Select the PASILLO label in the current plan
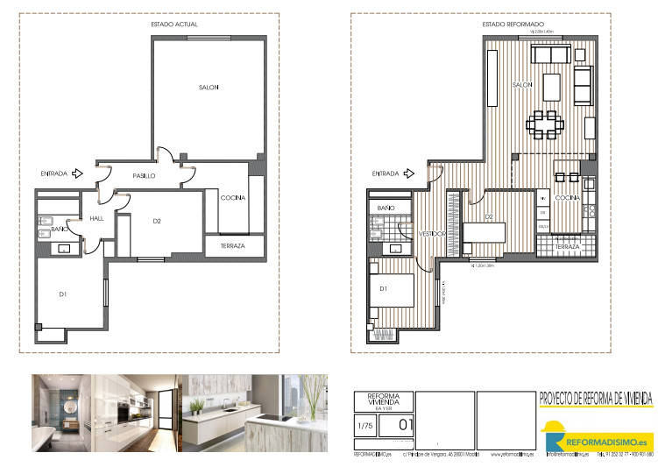pos(144,176)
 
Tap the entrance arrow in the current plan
pos(78,173)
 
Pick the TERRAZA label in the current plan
pos(231,246)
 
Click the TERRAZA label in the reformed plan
pos(567,247)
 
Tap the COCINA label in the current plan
pos(232,197)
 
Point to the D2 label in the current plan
pos(157,221)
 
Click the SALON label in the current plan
pos(208,87)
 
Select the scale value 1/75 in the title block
pos(364,426)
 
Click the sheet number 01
pos(404,426)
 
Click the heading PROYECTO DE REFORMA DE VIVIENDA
pos(596,398)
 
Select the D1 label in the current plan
pos(64,294)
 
